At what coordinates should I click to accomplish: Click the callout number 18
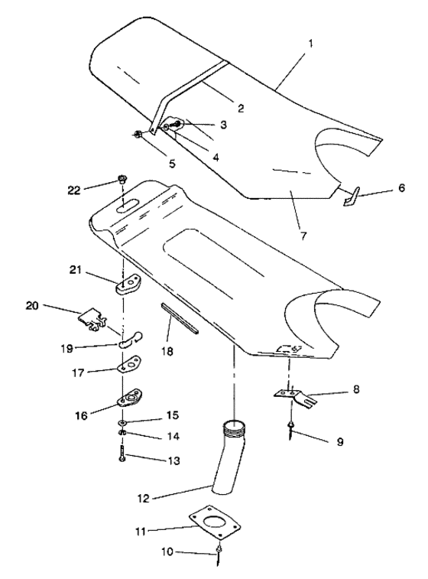point(167,351)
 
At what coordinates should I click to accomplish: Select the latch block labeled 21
point(128,285)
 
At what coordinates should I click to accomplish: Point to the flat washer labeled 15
point(122,423)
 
